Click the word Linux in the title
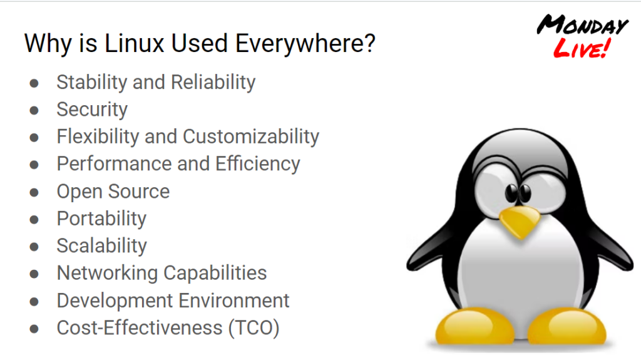tap(134, 43)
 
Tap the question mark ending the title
tap(369, 43)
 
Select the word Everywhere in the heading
tap(299, 44)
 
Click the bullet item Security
tap(92, 110)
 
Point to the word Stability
tap(92, 82)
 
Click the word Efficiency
tap(258, 164)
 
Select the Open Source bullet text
tap(113, 192)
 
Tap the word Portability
tap(101, 219)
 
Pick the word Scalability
tap(102, 246)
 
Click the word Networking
tap(107, 273)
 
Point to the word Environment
tap(234, 301)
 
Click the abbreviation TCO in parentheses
tap(254, 328)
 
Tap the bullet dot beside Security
tap(34, 110)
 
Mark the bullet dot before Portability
tap(34, 220)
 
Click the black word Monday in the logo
tap(582, 26)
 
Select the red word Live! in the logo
tap(582, 48)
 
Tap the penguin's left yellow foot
tap(474, 326)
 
